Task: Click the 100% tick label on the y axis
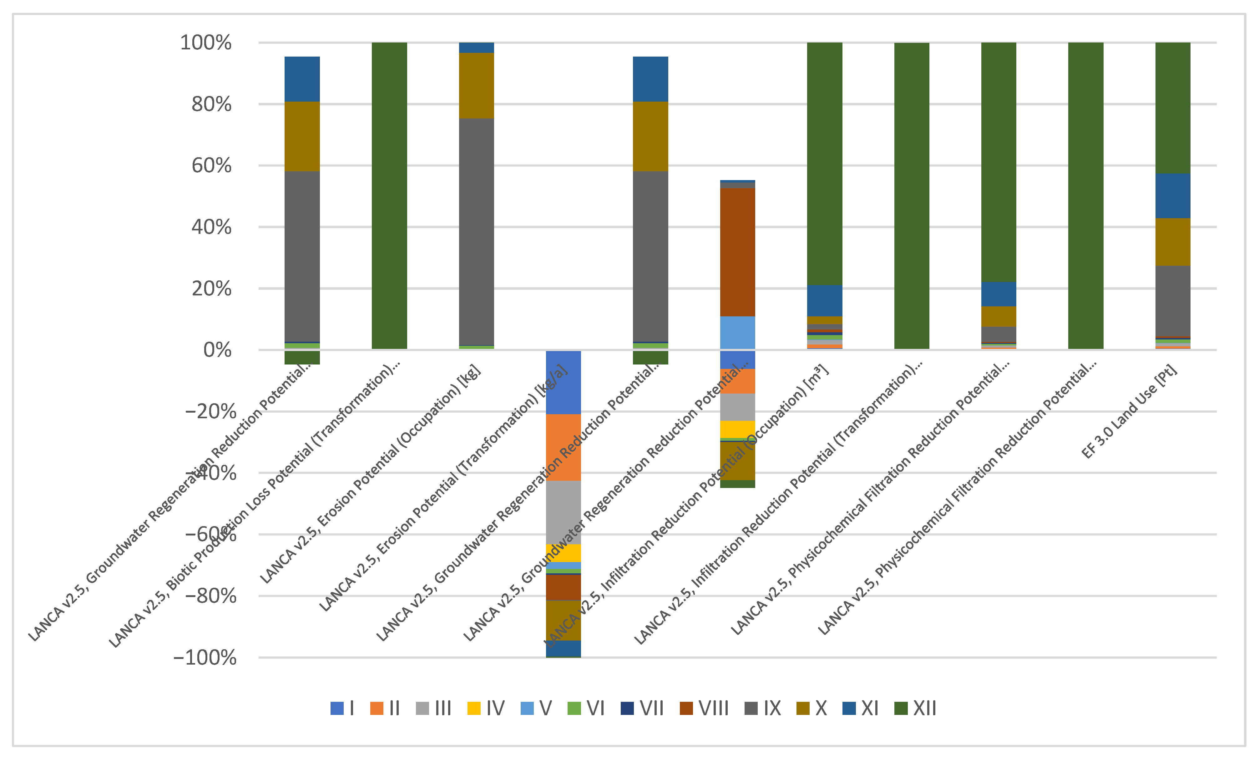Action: [205, 43]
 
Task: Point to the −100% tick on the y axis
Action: [205, 657]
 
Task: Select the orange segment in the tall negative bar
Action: [563, 447]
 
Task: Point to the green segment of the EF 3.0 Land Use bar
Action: [1173, 107]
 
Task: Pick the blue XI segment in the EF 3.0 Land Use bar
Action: [1173, 196]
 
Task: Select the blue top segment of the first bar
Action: [302, 79]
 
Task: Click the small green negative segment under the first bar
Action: [302, 358]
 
